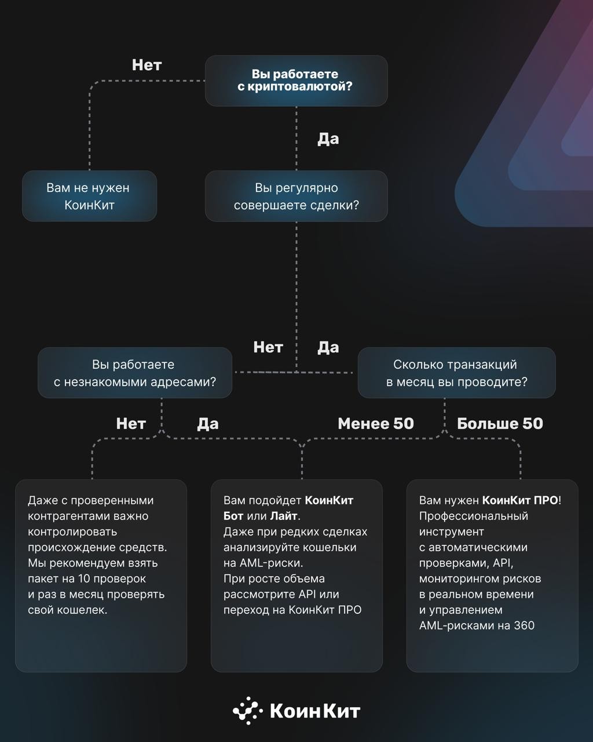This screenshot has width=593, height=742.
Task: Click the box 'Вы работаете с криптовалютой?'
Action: tap(296, 81)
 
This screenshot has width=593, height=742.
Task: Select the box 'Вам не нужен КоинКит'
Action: tap(89, 196)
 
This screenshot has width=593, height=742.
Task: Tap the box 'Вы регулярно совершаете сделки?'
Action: tap(296, 196)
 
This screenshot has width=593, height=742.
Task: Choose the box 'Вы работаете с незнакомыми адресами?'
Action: tap(135, 373)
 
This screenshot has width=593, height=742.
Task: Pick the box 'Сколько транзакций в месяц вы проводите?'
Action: tap(456, 373)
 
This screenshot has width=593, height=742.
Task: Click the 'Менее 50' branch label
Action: tap(376, 423)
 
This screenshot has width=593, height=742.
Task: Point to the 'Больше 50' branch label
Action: tap(500, 423)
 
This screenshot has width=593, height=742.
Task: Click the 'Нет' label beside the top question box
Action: tap(147, 65)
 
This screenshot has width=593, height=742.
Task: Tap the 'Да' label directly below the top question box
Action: tap(328, 139)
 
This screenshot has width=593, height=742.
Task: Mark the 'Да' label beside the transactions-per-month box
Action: tap(328, 348)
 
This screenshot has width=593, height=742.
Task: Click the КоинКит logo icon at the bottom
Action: tap(248, 711)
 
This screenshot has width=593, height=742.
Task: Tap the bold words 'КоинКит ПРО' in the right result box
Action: tap(520, 500)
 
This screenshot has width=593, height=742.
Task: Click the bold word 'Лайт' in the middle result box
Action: tap(284, 516)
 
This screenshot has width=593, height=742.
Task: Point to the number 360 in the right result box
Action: tap(524, 625)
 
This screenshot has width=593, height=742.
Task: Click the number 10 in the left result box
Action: tap(84, 579)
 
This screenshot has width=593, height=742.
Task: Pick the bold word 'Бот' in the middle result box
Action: tap(233, 516)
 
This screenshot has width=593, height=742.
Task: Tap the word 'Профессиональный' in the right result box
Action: tap(474, 516)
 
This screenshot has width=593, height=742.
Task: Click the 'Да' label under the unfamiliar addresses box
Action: tap(208, 424)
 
